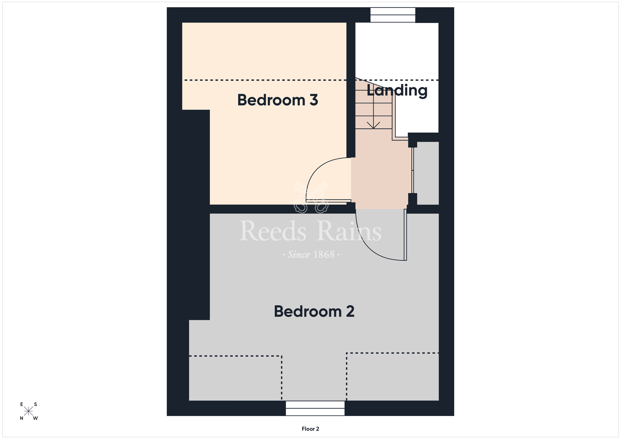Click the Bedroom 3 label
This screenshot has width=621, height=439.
click(278, 100)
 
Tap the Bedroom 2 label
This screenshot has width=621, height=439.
click(314, 311)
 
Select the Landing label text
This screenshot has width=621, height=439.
click(397, 91)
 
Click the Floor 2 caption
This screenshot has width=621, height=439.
click(310, 429)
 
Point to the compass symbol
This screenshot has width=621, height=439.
click(29, 411)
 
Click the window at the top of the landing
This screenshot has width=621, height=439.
click(393, 15)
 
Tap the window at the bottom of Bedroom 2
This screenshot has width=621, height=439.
click(315, 408)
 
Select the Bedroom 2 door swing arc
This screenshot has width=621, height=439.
click(373, 245)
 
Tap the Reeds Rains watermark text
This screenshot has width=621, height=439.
click(310, 231)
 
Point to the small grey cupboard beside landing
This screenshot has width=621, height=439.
click(426, 173)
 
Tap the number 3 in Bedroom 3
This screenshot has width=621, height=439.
click(314, 100)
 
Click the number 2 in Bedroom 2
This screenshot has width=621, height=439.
click(350, 311)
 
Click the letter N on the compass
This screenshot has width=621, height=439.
click(22, 418)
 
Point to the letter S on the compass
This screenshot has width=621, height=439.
click(36, 404)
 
